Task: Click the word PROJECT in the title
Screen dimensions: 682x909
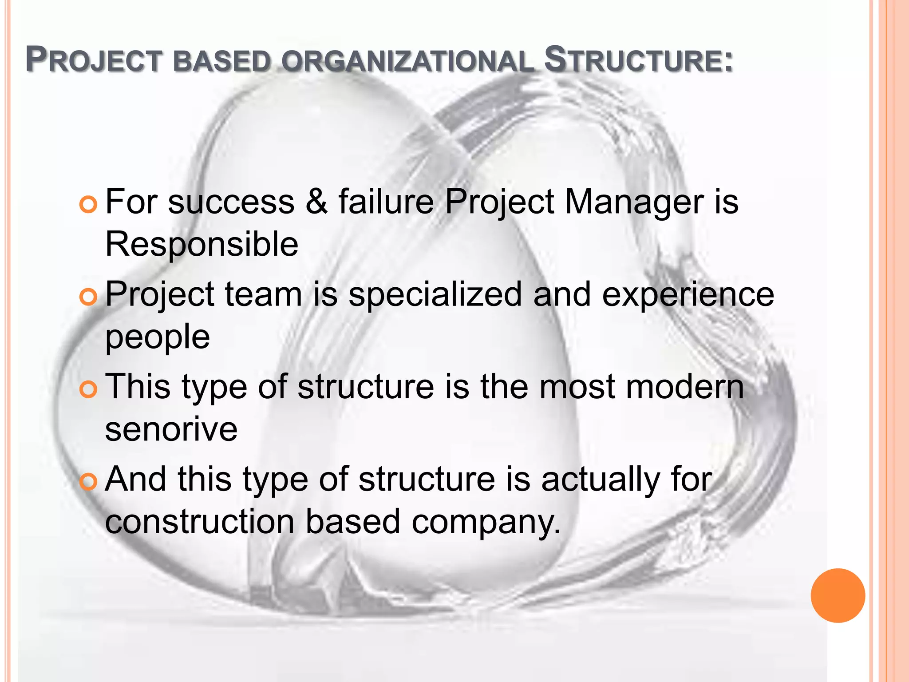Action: (93, 60)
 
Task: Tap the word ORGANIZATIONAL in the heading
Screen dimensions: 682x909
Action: (407, 61)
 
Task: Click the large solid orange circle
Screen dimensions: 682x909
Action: (838, 595)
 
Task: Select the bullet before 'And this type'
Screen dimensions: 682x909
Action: (88, 482)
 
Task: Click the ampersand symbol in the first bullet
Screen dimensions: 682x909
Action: (316, 202)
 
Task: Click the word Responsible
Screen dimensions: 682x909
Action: (202, 244)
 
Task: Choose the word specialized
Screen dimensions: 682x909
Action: (435, 295)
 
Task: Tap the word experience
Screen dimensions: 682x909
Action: (688, 295)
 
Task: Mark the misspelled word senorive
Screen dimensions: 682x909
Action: (171, 429)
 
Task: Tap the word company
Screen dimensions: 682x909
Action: (486, 523)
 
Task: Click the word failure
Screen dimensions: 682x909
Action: (386, 202)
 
